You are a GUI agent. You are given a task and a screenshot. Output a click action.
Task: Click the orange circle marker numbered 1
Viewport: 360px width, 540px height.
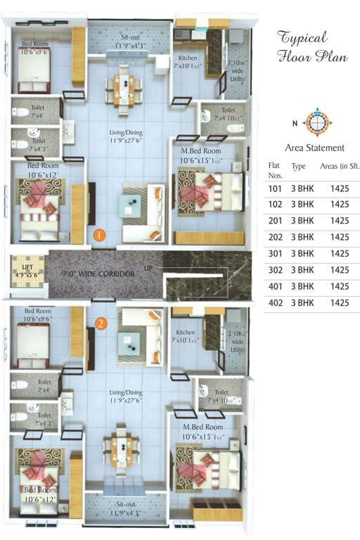(100, 234)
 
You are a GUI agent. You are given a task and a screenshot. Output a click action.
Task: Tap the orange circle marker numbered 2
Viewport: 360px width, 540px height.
(102, 323)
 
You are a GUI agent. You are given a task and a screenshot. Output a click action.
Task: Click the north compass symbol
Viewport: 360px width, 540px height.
(317, 122)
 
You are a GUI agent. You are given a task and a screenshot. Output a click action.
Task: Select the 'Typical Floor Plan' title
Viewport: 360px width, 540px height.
(312, 46)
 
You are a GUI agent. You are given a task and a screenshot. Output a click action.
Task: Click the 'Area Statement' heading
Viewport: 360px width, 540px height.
(314, 148)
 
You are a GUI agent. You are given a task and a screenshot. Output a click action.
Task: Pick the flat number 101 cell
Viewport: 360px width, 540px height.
(275, 188)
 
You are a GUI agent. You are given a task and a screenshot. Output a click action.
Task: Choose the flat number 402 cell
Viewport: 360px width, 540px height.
(275, 302)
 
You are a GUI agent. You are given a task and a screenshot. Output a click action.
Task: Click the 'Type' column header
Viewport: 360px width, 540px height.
(299, 166)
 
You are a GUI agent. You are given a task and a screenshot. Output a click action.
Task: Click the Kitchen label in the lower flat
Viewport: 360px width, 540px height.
(186, 335)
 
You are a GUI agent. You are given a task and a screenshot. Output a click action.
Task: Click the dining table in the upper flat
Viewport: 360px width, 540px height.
(123, 87)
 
